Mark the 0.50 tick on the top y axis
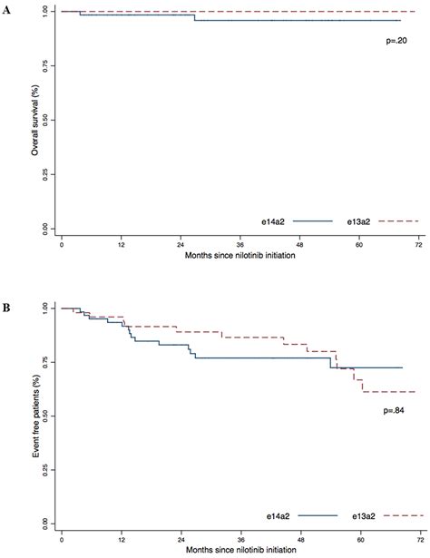tap(47, 119)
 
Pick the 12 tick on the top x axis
tap(121, 246)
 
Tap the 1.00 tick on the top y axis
tap(47, 12)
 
